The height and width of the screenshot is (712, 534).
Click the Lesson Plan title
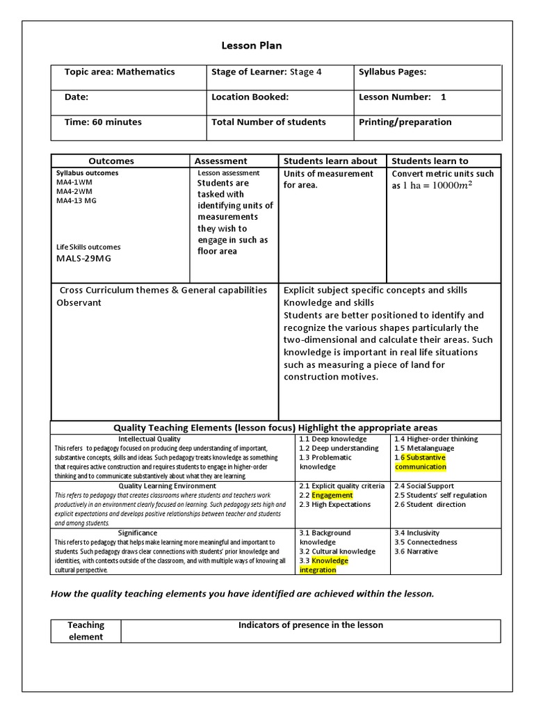252,46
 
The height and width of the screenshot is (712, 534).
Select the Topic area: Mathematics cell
120,72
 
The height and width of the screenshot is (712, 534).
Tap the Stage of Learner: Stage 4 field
266,72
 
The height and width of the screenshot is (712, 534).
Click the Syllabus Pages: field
392,72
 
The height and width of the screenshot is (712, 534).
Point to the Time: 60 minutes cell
103,122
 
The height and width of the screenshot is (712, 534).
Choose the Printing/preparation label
405,122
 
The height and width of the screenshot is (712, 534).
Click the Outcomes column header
111,161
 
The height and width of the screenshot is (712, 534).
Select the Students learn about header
330,161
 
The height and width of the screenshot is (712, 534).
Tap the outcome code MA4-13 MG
76,201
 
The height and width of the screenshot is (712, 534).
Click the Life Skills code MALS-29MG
83,259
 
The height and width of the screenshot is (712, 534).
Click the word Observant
79,303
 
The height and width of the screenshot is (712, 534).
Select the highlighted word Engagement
332,496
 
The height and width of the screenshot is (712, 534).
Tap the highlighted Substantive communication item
421,462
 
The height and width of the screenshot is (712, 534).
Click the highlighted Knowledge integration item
324,565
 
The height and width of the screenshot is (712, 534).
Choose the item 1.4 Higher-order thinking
436,439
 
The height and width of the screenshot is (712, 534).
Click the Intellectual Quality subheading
149,439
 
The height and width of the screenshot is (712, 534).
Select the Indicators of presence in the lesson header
310,625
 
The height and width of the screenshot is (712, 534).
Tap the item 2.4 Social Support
425,486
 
